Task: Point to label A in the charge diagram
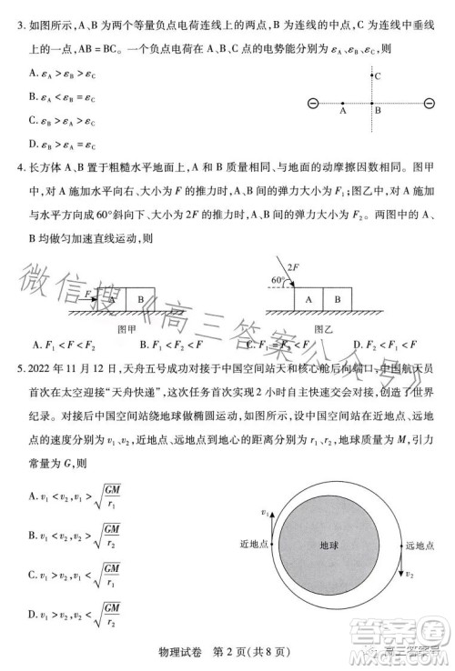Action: pyautogui.click(x=343, y=114)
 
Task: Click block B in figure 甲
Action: pyautogui.click(x=140, y=298)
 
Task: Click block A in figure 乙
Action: pyautogui.click(x=309, y=298)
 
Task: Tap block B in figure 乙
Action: pyautogui.click(x=336, y=298)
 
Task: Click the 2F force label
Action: pyautogui.click(x=293, y=266)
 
